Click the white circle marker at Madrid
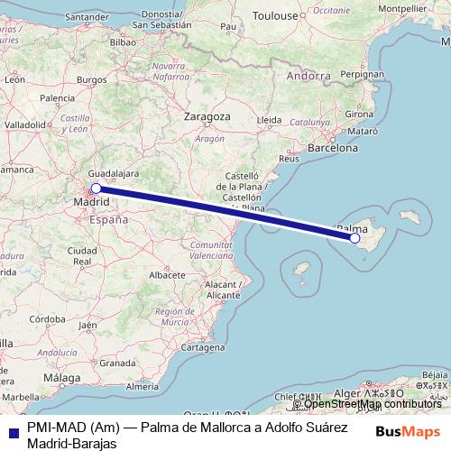(x=96, y=189)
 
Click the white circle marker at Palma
(x=355, y=238)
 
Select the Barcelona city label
(x=333, y=147)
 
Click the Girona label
(x=359, y=115)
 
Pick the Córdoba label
(x=46, y=319)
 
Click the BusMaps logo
(x=410, y=431)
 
